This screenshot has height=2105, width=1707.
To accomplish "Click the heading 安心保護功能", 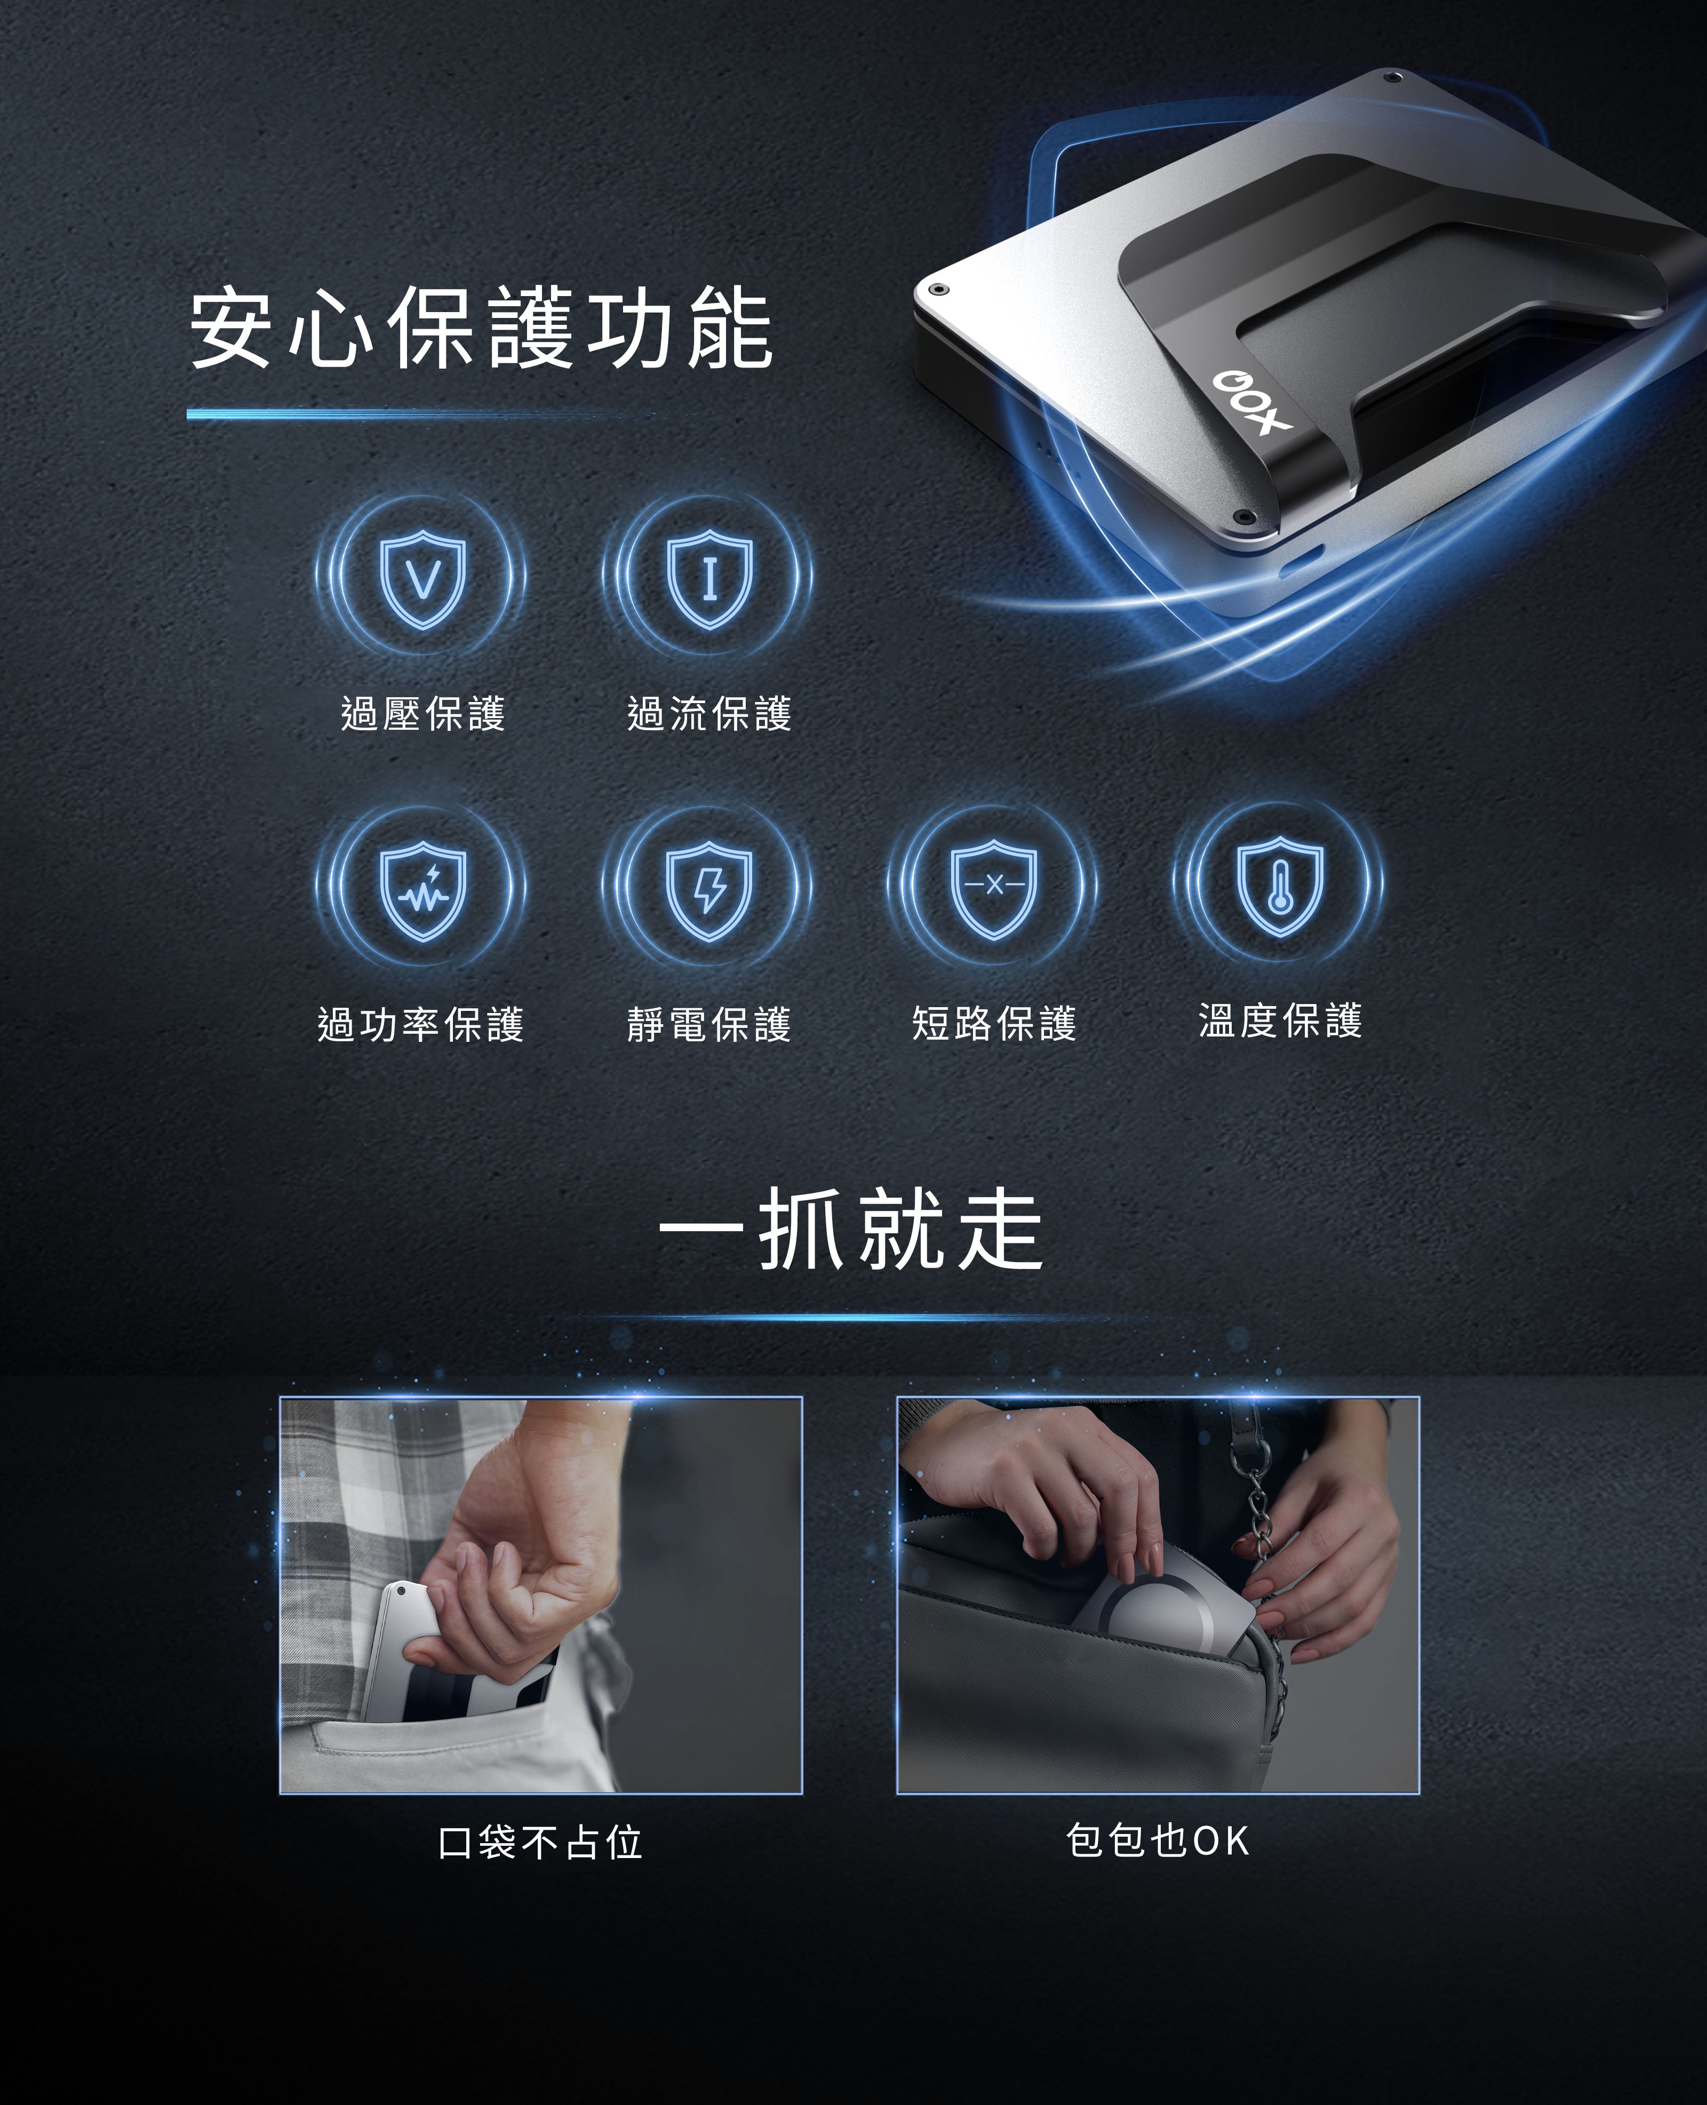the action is click(x=481, y=329).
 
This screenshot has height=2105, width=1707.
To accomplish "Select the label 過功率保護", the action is click(x=421, y=1024).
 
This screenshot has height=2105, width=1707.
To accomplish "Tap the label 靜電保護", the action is click(x=709, y=1024).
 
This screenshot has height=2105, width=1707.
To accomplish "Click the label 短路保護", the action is click(x=994, y=1024).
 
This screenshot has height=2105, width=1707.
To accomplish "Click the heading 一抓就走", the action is click(x=851, y=1229).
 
